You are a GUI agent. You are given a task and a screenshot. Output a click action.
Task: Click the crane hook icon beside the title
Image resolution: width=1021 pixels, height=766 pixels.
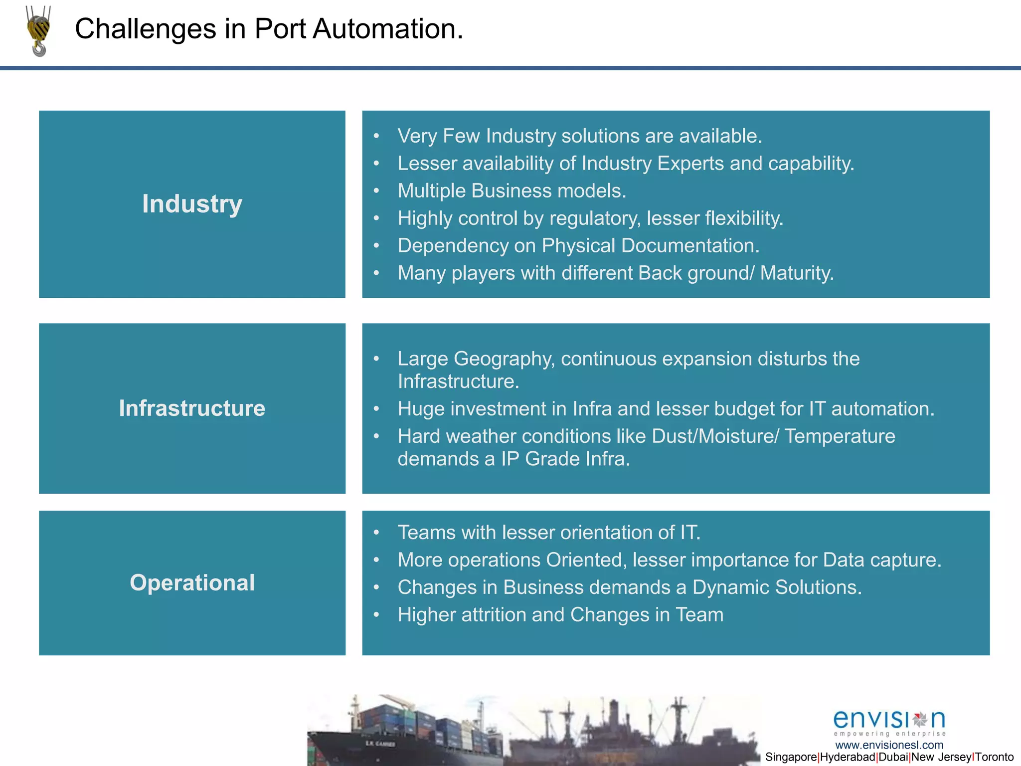tap(38, 31)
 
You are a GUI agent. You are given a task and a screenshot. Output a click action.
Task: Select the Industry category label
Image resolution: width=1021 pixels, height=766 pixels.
tap(192, 204)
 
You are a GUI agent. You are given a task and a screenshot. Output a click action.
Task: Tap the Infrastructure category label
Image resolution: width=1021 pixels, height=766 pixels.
tap(192, 408)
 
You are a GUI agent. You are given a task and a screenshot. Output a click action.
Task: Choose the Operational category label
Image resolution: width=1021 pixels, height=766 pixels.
tap(192, 582)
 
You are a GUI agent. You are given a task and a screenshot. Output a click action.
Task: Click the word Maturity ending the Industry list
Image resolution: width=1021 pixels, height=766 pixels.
tap(797, 273)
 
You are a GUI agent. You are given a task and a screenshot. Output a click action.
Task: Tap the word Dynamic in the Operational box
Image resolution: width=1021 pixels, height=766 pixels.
tap(731, 587)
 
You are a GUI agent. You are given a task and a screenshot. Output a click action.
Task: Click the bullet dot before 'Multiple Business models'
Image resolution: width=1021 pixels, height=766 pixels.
tap(376, 191)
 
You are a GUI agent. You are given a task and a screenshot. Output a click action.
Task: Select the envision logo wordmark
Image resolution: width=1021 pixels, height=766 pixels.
tap(889, 720)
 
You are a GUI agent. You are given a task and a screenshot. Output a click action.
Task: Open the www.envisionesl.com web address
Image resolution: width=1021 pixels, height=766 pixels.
tap(889, 745)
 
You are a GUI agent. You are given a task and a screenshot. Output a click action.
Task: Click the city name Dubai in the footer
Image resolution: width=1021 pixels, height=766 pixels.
tap(893, 757)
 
